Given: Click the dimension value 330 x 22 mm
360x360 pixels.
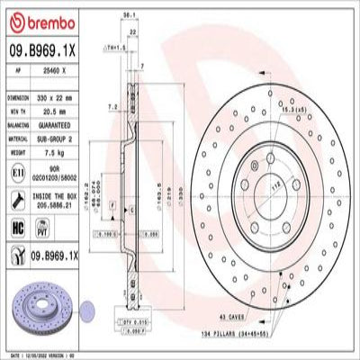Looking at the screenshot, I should click(60, 94).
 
